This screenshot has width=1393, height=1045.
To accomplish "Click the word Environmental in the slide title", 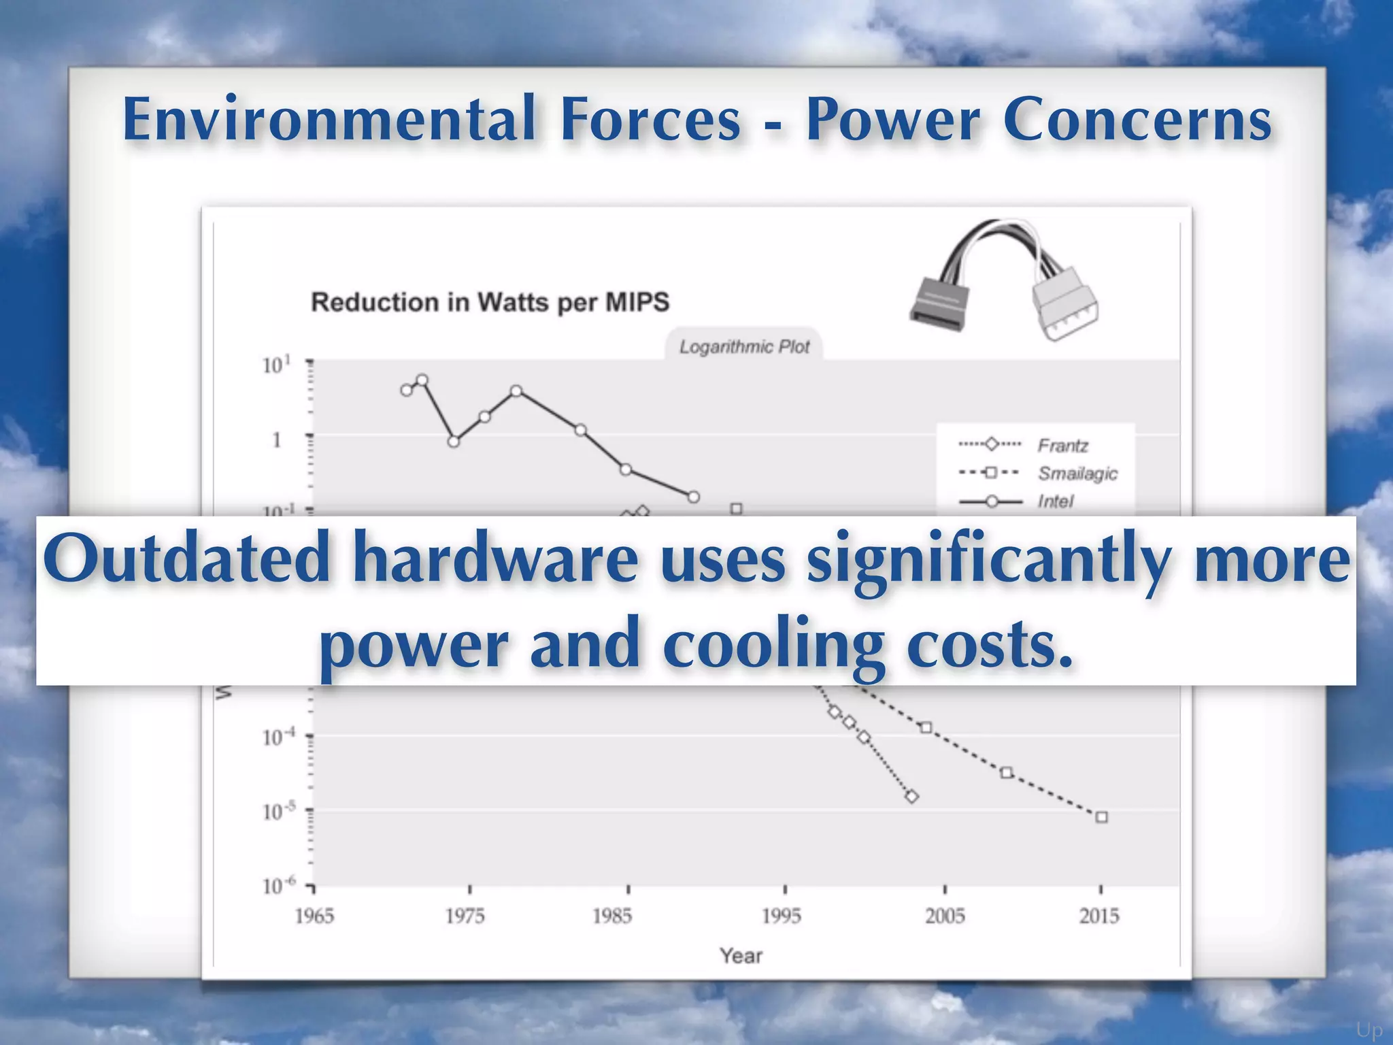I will pos(329,119).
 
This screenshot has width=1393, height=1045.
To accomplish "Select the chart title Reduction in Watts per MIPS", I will pos(490,302).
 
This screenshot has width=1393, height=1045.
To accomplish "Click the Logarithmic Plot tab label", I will pos(744,347).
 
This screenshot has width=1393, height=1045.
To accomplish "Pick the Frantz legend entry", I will pos(1062,446).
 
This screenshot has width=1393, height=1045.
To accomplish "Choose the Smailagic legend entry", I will pos(1077,474).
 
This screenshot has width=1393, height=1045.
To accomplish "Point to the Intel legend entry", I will pos(1055,501).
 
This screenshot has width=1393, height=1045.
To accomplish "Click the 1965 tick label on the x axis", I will pos(314,916).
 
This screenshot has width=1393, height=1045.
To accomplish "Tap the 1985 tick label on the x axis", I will pos(612,916).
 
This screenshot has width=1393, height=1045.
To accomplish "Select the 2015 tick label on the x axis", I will pos(1099,916).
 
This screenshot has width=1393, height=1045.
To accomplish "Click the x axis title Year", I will pos(741,956).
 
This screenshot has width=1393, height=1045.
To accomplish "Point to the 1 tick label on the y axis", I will pos(277,440).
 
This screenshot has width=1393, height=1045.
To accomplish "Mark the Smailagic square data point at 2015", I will pos(1102,817).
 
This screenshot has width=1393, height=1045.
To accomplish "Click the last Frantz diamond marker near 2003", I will pos(912,797).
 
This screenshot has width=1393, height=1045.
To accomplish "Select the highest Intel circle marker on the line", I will pos(422,380).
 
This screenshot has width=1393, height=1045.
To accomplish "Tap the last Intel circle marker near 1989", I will pos(693,497).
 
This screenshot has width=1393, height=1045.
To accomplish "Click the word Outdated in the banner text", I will pos(187,559).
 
